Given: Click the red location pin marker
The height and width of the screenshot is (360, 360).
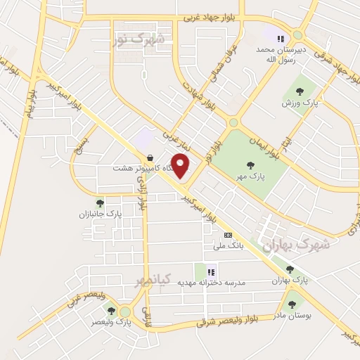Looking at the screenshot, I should click(x=181, y=165).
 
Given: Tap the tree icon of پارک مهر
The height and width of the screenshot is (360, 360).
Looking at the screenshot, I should click(x=251, y=165).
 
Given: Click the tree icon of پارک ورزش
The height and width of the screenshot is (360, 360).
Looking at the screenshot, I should click(x=300, y=91).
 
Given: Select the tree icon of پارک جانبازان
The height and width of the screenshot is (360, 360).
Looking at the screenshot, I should click(x=100, y=203).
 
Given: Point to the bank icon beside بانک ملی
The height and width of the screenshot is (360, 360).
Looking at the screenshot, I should click(x=227, y=235).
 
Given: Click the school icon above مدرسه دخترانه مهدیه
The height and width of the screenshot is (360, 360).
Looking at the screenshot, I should click(x=211, y=271).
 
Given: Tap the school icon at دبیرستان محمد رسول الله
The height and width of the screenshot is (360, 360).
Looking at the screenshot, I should click(x=281, y=39).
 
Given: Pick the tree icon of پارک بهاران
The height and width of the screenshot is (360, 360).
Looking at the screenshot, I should click(x=290, y=269).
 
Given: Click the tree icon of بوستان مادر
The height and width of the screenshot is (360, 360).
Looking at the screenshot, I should click(x=292, y=304).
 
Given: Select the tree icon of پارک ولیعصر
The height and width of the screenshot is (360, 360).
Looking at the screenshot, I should click(x=110, y=309).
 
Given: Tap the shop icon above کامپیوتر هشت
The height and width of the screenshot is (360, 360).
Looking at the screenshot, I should click(x=149, y=157).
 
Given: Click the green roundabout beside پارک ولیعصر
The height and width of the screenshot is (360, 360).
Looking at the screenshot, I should click(x=125, y=311).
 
